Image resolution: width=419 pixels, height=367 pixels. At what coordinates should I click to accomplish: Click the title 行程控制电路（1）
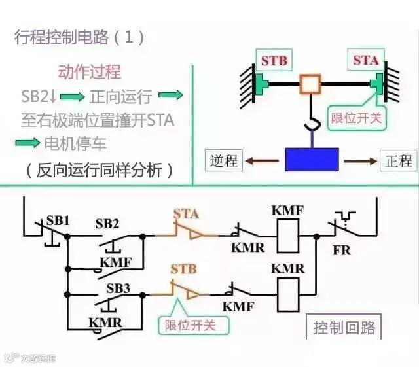[x=79, y=37]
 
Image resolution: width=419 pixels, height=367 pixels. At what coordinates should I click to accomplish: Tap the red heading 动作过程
[x=90, y=72]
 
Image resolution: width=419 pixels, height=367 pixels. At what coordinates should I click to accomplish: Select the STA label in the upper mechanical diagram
[x=366, y=60]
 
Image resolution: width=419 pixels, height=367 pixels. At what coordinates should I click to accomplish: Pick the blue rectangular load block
[x=312, y=160]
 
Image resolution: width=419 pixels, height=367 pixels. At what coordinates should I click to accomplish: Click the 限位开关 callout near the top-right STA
[x=357, y=118]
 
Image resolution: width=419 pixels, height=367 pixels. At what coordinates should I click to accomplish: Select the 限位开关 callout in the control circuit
[x=189, y=324]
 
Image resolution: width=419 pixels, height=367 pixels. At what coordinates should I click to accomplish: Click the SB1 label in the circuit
[x=58, y=220]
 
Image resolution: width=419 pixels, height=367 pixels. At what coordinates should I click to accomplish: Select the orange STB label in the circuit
[x=183, y=268]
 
